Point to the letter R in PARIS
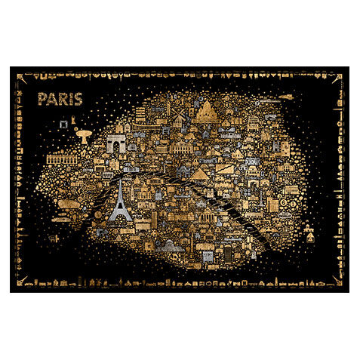[x=60, y=100]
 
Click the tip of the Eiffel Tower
[x=119, y=180]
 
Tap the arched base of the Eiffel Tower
[x=119, y=217]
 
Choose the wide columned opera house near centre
[x=181, y=146]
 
